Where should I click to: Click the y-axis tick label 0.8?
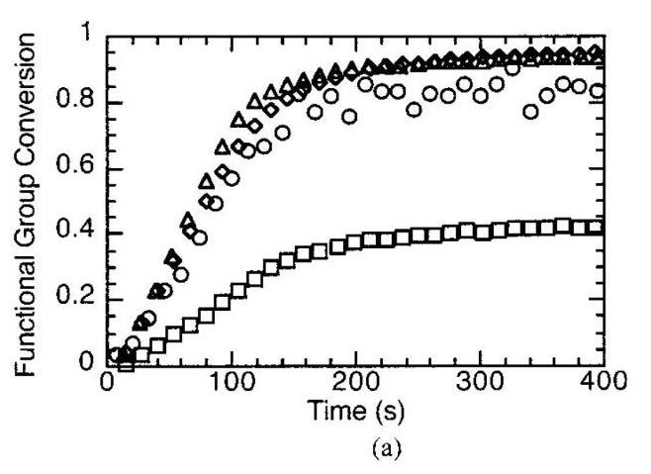[79, 102]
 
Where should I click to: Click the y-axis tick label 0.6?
[79, 168]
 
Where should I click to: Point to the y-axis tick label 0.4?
[79, 235]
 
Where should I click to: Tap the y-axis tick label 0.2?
[79, 300]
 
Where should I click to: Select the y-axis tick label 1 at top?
[87, 37]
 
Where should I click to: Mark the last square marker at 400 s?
[597, 228]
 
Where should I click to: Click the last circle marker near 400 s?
[597, 92]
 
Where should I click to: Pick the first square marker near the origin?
[126, 364]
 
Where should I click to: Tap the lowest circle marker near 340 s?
[531, 111]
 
